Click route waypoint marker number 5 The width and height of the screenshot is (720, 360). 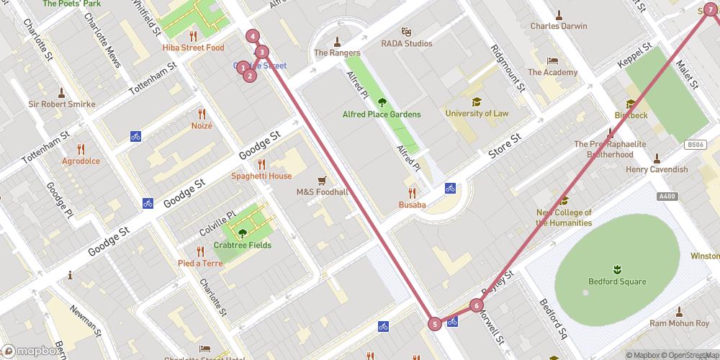tap(435, 324)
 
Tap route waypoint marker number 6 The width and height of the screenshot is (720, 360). tap(477, 305)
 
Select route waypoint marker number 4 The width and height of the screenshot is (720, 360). tap(253, 36)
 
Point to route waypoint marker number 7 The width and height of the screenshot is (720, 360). tap(711, 9)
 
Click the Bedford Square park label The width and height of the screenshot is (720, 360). tap(616, 282)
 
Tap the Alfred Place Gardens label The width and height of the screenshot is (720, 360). tap(382, 114)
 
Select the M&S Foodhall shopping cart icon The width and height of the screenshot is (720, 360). tap(322, 180)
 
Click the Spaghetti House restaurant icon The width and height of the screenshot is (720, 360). tap(261, 164)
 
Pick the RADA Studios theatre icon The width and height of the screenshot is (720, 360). tap(407, 32)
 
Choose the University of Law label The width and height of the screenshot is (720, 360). tap(477, 114)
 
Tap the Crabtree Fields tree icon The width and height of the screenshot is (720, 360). tap(243, 233)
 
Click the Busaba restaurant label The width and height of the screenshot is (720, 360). tap(413, 204)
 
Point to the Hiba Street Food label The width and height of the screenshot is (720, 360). tap(193, 48)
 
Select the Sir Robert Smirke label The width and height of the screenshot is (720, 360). tap(61, 104)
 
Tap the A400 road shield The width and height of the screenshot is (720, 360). tap(667, 196)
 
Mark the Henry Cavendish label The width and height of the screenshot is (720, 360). tap(657, 170)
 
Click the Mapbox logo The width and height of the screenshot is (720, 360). tap(30, 351)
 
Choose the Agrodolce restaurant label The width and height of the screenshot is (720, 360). tap(81, 161)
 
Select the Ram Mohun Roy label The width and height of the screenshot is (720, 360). tap(679, 324)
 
